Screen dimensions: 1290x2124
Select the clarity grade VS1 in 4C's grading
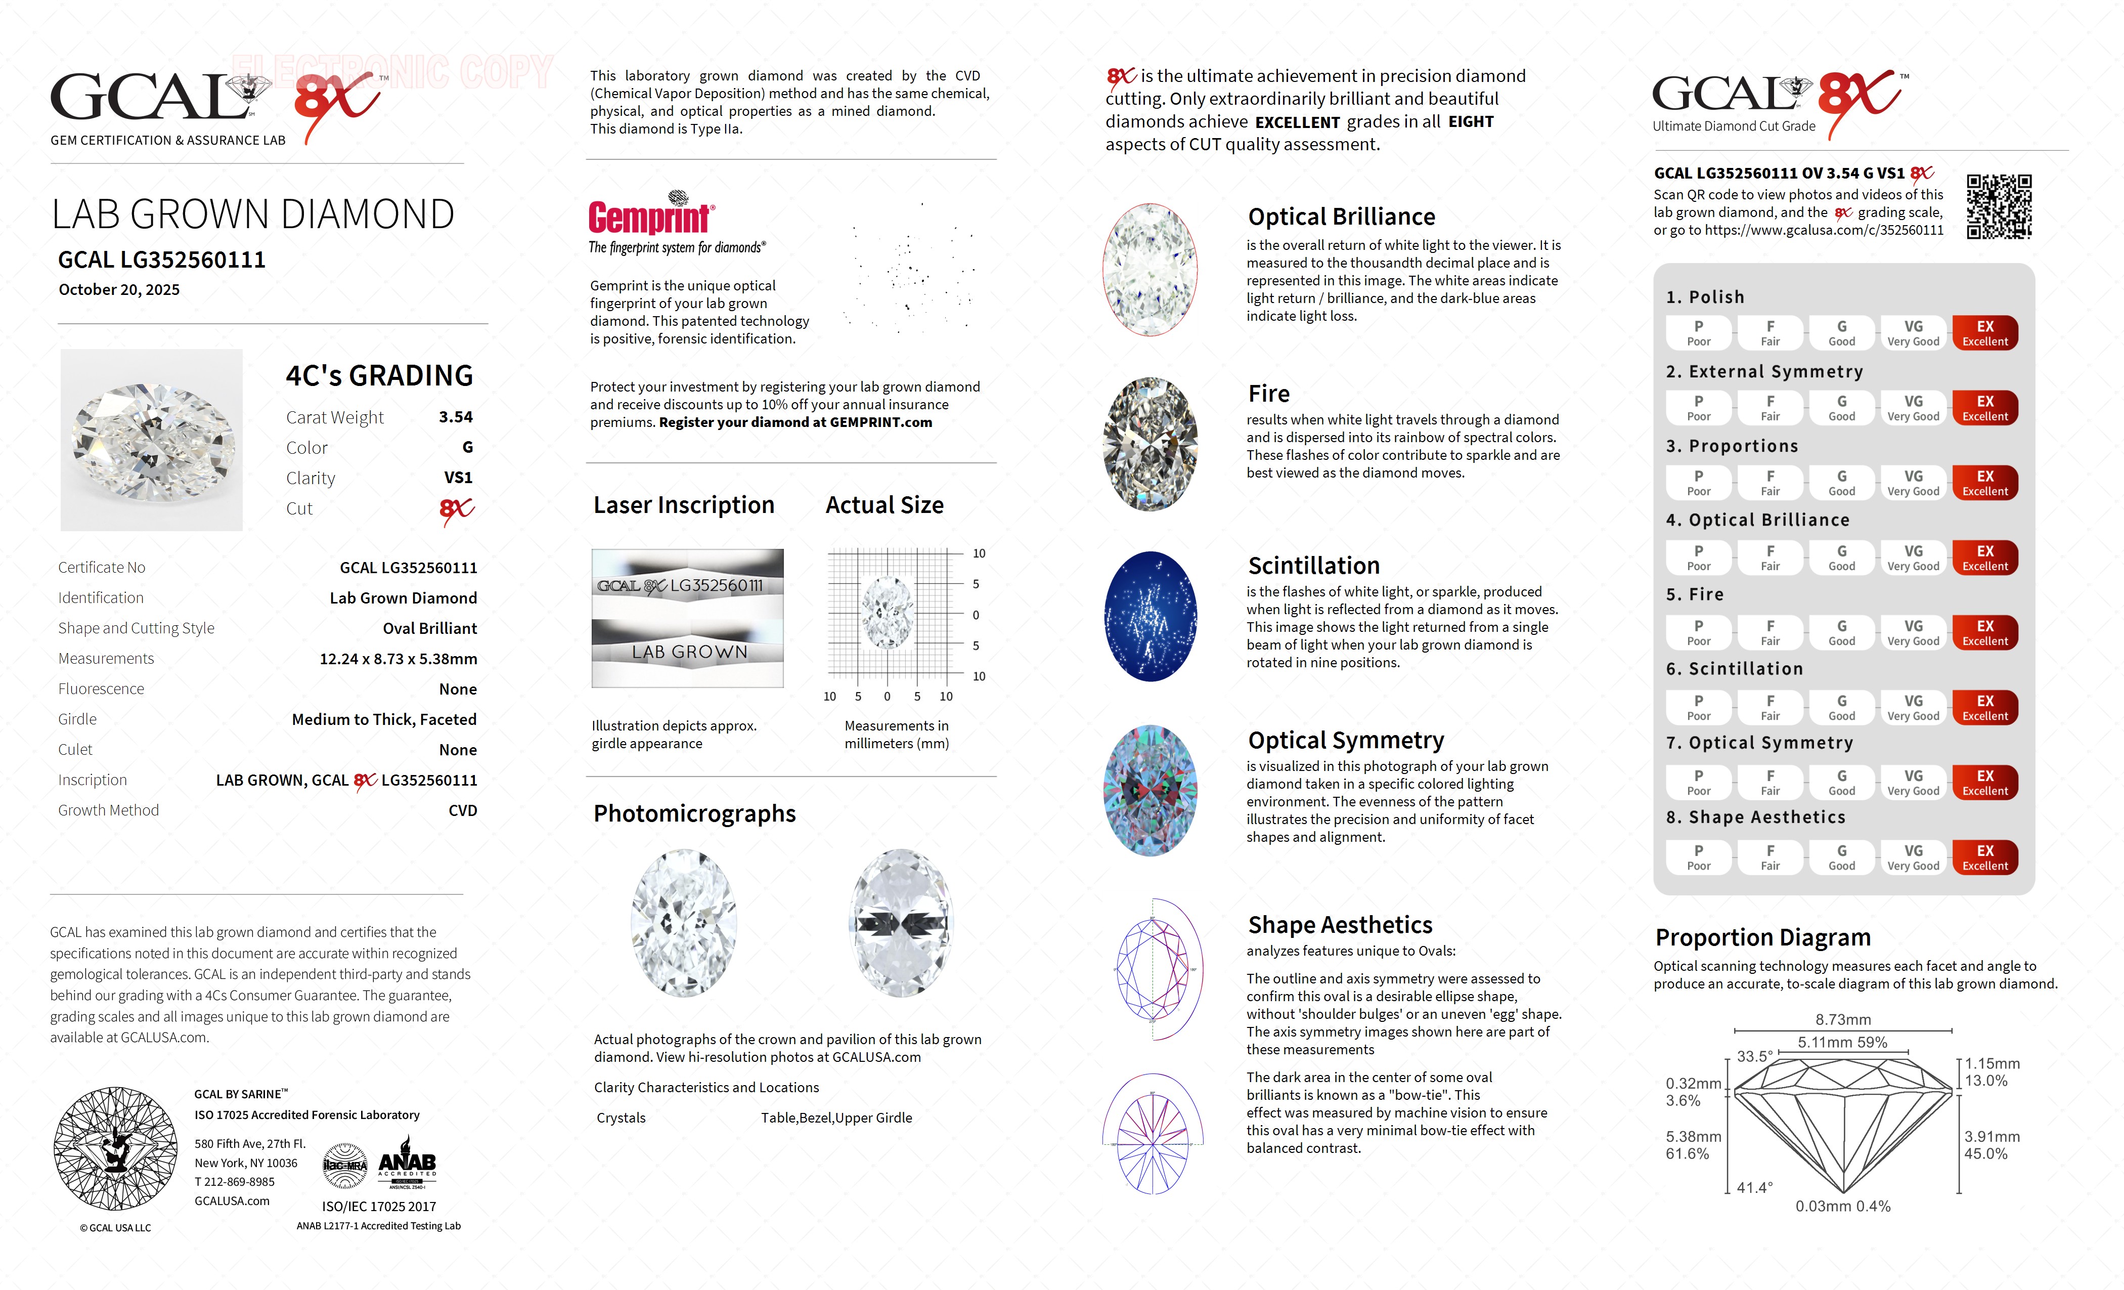(458, 478)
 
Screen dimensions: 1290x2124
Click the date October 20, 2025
(119, 290)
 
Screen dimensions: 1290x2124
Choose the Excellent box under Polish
(1984, 333)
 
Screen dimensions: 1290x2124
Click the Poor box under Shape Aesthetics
(1698, 857)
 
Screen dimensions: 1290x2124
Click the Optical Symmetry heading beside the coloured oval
(1346, 741)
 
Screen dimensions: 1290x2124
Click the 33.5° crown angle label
(1754, 1056)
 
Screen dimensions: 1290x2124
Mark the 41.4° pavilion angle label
(1754, 1187)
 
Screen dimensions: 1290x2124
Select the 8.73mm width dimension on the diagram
(1843, 1019)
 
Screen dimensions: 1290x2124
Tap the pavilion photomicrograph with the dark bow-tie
(901, 924)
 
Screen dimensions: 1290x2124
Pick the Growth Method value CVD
(462, 810)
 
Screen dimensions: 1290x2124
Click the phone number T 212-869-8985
(235, 1182)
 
